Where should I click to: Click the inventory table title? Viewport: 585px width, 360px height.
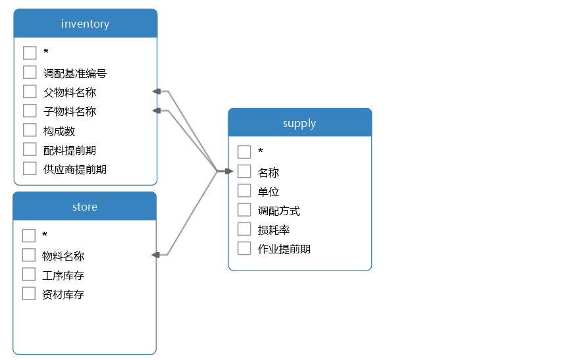pos(85,24)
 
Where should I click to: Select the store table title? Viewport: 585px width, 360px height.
pos(85,207)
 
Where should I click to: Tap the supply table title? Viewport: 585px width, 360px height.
pos(299,123)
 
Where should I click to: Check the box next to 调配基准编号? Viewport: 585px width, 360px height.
pos(30,72)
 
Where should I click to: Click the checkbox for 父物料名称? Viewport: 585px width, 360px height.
pos(30,91)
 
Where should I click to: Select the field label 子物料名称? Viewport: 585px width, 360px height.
pos(70,111)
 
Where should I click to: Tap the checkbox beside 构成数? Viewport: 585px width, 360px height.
pos(30,130)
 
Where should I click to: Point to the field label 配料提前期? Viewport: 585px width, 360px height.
pos(70,150)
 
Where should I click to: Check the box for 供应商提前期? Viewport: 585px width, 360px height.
pos(30,168)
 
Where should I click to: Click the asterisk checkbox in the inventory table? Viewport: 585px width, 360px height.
pos(30,53)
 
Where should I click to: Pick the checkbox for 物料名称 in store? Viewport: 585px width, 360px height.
pos(29,255)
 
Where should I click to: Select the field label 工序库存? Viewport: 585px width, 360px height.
pos(63,275)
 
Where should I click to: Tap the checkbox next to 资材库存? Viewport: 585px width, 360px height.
pos(29,294)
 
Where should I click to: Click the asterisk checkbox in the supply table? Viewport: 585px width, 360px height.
pos(244,152)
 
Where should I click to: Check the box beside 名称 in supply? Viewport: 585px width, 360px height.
pos(244,171)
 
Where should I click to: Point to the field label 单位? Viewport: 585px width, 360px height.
pos(268,192)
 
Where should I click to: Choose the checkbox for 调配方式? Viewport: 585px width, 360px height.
pos(244,210)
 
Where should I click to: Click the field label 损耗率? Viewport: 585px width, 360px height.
pos(274,230)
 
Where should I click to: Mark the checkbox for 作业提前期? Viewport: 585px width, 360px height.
pos(244,248)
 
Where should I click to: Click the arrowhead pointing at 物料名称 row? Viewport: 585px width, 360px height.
pos(155,255)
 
